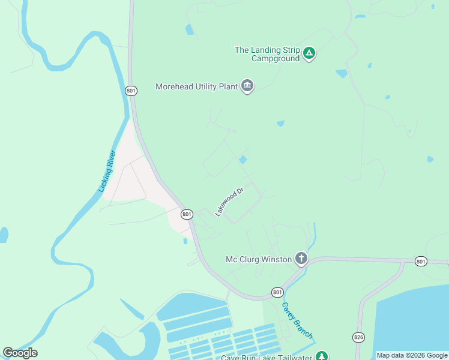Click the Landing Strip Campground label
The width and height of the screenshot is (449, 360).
coord(267,54)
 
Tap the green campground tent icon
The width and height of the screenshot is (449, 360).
coord(309,53)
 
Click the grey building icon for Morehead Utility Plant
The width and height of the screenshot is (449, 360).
coord(247,86)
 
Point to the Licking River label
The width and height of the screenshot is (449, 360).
coord(106,171)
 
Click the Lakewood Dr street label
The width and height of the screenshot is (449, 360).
coord(230,201)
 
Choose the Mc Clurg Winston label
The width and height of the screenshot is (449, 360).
coord(259,259)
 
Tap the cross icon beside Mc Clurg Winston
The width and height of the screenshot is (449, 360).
coord(301,259)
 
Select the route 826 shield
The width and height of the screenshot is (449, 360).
coord(359,337)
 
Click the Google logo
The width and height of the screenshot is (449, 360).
coord(20,353)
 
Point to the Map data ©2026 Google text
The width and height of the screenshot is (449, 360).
coord(412,355)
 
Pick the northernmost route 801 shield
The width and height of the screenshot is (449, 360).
coord(131,91)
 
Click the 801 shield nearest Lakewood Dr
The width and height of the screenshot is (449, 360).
coord(187,214)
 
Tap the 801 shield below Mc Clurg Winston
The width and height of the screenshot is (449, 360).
coord(277,292)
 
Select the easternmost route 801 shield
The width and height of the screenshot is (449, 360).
coord(421,261)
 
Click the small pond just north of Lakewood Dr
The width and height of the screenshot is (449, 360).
coord(243,160)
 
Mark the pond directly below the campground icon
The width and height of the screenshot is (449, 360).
coord(342,74)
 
